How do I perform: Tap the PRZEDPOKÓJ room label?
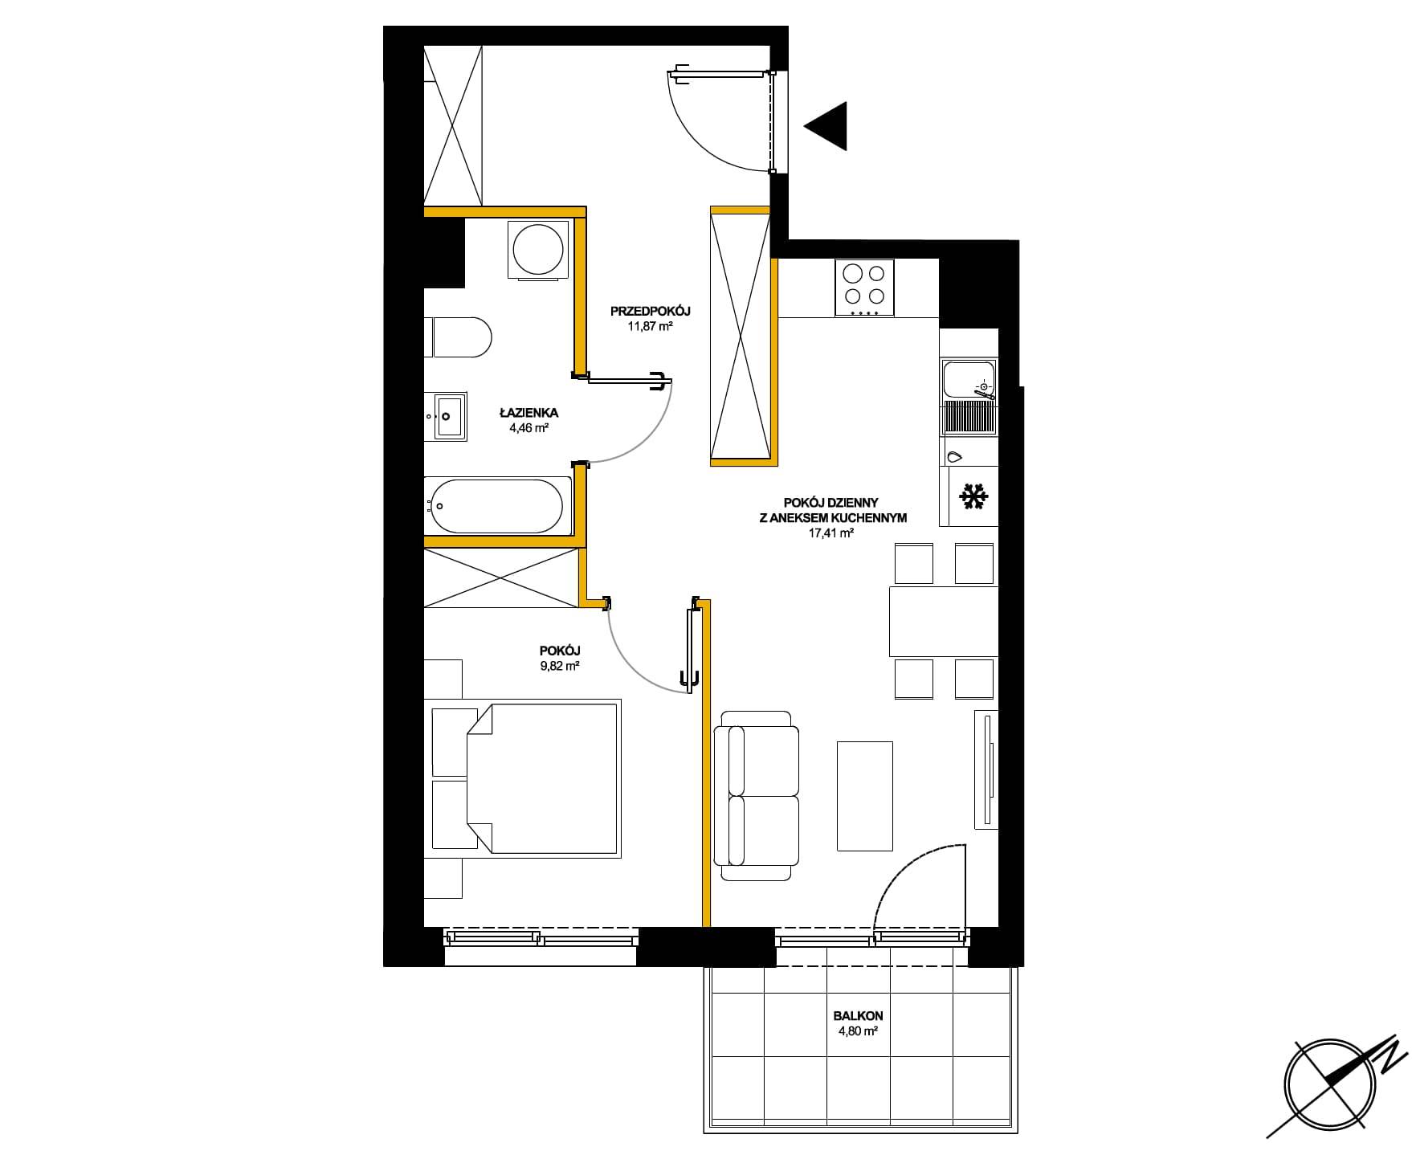coord(650,311)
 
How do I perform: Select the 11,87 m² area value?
coord(650,327)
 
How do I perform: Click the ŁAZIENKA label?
coord(528,413)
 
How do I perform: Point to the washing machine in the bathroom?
coord(537,250)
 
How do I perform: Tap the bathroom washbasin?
coord(450,417)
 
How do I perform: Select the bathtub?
coord(497,506)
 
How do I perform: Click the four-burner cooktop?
coord(864,288)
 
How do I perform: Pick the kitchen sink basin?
coord(969,381)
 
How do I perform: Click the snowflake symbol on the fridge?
coord(973,498)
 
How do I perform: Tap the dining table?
coord(943,622)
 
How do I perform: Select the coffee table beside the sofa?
coord(865,795)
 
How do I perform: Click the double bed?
coord(526,777)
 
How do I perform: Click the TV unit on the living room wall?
coord(986,769)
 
